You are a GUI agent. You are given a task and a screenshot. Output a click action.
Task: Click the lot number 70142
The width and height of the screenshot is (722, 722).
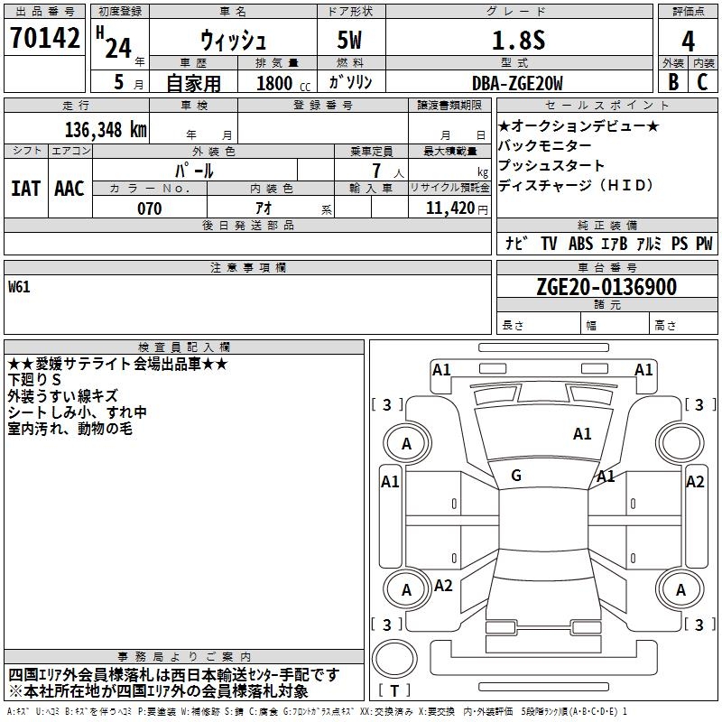(44, 39)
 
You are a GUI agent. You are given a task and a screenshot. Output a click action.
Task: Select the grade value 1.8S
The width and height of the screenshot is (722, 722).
(515, 41)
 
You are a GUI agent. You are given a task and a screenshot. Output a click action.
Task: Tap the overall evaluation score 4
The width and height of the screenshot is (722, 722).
(689, 42)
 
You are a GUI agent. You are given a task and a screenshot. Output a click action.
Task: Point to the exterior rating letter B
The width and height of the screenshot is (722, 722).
(672, 81)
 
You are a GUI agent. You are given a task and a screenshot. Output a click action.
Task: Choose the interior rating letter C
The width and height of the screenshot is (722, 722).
(702, 81)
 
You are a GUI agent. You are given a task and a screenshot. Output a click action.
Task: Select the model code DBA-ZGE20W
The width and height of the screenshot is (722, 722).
(516, 82)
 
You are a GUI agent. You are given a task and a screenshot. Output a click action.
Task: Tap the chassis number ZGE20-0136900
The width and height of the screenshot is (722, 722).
(606, 287)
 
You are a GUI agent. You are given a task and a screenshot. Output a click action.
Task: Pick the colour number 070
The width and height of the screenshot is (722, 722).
(149, 208)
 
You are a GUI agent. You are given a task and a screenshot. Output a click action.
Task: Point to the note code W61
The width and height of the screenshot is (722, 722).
(19, 287)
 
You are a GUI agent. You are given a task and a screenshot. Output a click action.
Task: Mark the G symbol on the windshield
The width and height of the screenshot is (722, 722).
(516, 475)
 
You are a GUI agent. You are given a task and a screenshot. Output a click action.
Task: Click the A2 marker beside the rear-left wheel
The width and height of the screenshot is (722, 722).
(443, 585)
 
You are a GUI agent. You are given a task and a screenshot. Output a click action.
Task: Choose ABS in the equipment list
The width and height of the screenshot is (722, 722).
(582, 243)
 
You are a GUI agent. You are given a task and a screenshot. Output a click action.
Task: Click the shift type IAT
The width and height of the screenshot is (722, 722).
(25, 188)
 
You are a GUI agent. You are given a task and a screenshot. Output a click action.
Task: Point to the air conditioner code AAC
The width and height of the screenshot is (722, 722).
(69, 188)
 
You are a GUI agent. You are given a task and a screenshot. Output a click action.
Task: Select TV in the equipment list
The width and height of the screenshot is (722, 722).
(549, 243)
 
